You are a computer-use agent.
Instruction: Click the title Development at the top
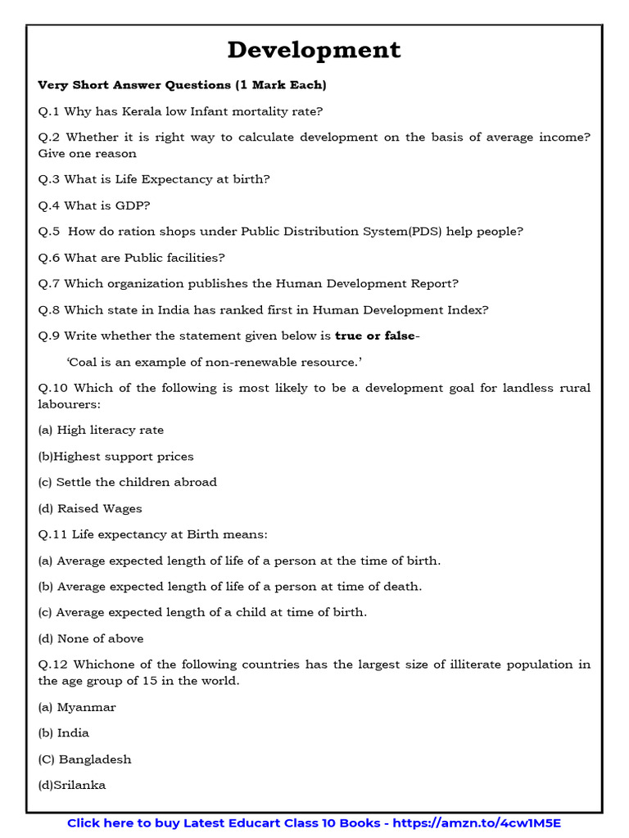point(314,50)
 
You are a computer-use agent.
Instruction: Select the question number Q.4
point(49,205)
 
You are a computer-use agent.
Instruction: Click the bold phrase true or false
point(374,336)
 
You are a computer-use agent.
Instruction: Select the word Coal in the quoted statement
point(84,362)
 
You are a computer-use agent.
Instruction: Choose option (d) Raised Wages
point(90,508)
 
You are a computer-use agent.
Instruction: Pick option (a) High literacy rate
point(101,430)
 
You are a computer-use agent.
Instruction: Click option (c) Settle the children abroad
point(127,482)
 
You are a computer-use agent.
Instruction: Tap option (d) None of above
point(90,638)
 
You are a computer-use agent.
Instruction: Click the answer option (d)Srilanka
point(72,785)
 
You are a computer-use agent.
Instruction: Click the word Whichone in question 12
point(102,665)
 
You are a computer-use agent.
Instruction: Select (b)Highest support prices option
point(115,456)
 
